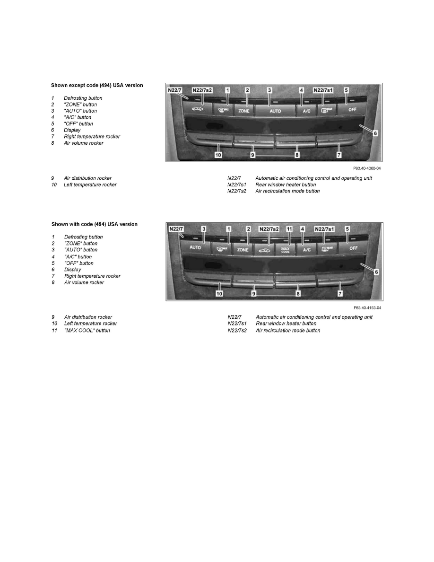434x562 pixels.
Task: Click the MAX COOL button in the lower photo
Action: pyautogui.click(x=285, y=249)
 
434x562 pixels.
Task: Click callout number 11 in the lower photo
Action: pyautogui.click(x=289, y=229)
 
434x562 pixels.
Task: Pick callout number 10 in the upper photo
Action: pyautogui.click(x=219, y=155)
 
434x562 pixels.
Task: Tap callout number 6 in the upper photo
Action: pyautogui.click(x=375, y=133)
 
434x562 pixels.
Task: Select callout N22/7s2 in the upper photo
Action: pyautogui.click(x=202, y=90)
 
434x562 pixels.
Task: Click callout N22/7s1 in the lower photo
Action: pyautogui.click(x=325, y=229)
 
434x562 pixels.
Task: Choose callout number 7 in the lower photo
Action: pyautogui.click(x=340, y=294)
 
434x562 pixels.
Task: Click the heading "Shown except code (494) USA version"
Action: pyautogui.click(x=97, y=86)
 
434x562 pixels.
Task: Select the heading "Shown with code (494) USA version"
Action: pyautogui.click(x=95, y=224)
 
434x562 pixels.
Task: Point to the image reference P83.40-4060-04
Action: pyautogui.click(x=366, y=168)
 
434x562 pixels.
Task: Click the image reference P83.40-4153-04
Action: pyautogui.click(x=367, y=307)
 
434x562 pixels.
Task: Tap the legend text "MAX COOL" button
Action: pyautogui.click(x=87, y=331)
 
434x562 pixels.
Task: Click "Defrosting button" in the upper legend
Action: pyautogui.click(x=83, y=98)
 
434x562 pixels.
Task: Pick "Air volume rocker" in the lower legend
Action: pyautogui.click(x=84, y=282)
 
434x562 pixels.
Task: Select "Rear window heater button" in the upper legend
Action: pyautogui.click(x=286, y=185)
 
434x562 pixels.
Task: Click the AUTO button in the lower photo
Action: pyautogui.click(x=195, y=247)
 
